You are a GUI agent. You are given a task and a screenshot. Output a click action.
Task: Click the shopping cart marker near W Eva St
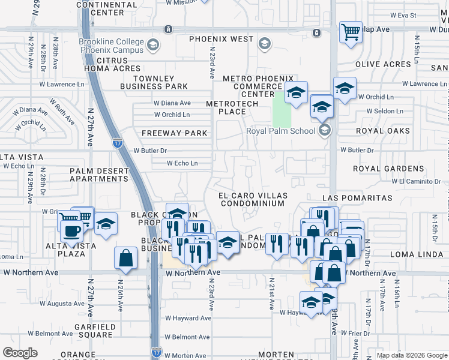[x=351, y=31]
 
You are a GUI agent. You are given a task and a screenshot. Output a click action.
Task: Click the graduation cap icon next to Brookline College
[x=154, y=44]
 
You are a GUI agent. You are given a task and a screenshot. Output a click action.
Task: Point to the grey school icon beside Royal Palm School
[x=324, y=130]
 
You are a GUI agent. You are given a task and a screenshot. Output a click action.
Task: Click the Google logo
[x=20, y=353]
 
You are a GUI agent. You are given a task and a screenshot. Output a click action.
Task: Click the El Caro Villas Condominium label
[x=252, y=199]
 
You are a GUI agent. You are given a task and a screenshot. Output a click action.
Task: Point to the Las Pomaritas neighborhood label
[x=357, y=198]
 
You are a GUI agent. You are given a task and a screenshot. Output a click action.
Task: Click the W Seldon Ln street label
[x=381, y=111]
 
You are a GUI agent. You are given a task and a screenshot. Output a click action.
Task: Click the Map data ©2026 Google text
[x=411, y=355]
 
